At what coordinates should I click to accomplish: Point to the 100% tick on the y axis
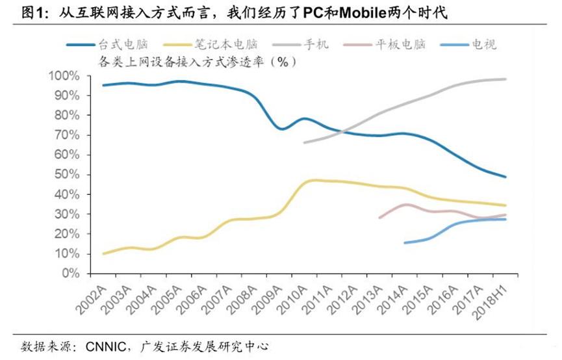point(64,76)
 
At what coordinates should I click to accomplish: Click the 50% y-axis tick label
point(67,175)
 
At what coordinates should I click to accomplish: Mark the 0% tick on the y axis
point(70,273)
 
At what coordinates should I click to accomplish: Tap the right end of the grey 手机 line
point(506,79)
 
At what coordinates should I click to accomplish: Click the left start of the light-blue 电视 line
point(404,243)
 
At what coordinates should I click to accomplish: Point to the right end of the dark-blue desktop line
point(506,177)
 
